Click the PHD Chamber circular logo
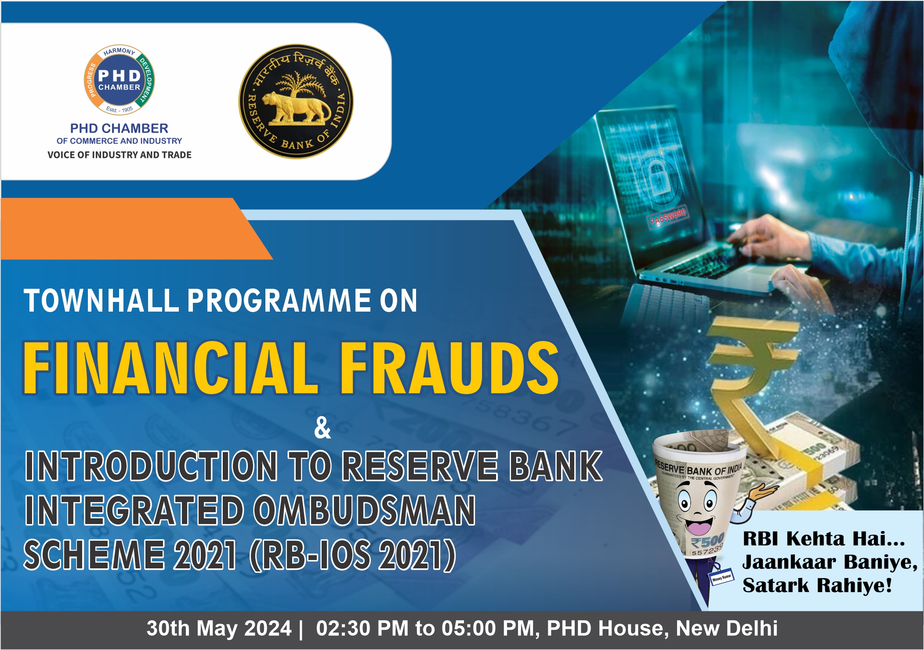tap(119, 80)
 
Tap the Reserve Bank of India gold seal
tap(296, 101)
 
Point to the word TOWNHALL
tap(101, 301)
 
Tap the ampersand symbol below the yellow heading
tap(322, 428)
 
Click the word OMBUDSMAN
tap(364, 510)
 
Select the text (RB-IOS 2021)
tap(353, 555)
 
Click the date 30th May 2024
tap(219, 628)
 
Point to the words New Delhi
tap(727, 628)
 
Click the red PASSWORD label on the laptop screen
tap(668, 217)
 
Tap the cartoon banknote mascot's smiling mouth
tap(698, 526)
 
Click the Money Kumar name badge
tap(721, 577)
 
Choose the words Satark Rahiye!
tap(817, 585)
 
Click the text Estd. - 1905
tap(119, 109)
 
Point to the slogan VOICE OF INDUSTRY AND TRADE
tap(120, 155)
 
